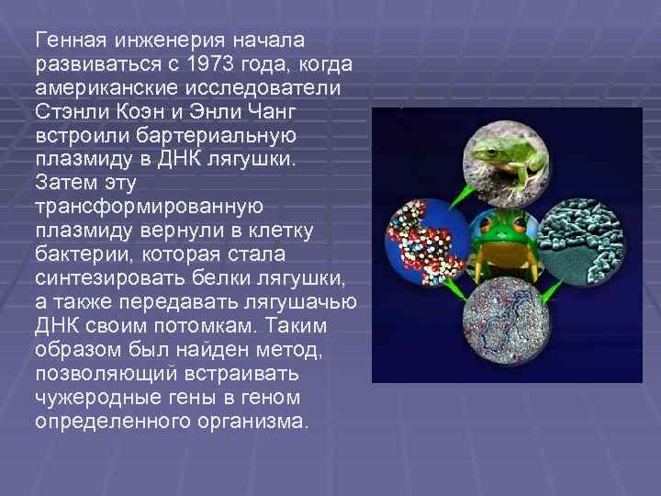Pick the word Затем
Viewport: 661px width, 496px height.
61,185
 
